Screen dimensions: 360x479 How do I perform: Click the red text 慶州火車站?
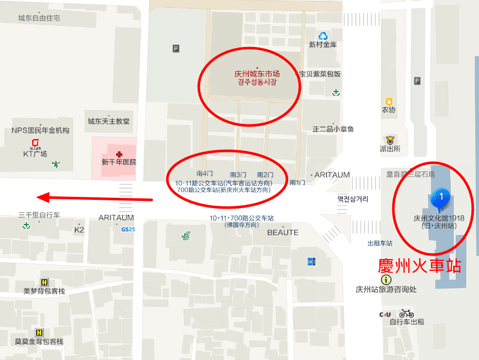click(x=419, y=266)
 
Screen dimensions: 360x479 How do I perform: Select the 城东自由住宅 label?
click(x=39, y=18)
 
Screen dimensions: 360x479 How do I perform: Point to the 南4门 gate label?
click(x=205, y=174)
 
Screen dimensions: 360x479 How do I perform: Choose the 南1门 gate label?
click(x=297, y=182)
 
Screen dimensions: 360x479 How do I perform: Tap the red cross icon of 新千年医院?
click(x=119, y=154)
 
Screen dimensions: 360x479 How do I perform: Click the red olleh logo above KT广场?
click(x=35, y=143)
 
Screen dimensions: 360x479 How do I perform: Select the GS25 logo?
click(x=127, y=229)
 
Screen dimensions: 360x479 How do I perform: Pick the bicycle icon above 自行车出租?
click(x=406, y=314)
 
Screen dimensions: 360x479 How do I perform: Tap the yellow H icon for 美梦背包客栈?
click(x=44, y=282)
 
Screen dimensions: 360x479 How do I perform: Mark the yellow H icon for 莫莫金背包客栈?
click(x=39, y=332)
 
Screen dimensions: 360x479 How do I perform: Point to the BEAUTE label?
click(x=283, y=232)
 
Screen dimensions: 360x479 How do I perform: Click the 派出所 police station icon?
click(x=390, y=139)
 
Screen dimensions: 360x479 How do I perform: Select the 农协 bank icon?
click(x=389, y=101)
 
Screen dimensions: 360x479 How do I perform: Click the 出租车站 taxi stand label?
click(x=380, y=243)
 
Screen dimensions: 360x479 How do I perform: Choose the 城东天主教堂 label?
click(x=109, y=121)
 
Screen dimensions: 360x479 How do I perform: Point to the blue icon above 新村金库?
click(x=323, y=36)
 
